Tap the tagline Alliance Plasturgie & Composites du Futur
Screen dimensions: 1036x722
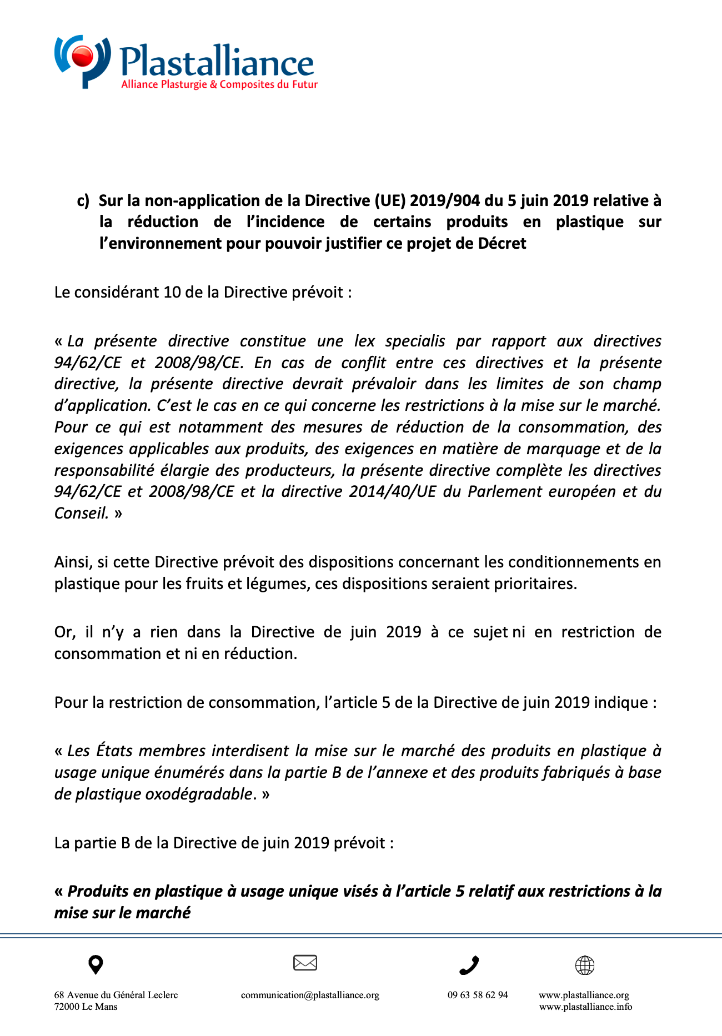219,84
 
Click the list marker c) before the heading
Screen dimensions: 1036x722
83,200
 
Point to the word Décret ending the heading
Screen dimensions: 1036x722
503,243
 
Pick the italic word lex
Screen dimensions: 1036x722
364,341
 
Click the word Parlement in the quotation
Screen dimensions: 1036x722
503,491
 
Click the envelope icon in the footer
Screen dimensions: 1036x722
305,963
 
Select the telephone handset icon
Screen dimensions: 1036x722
469,965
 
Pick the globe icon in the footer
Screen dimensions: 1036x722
584,965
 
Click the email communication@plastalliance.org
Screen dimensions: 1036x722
310,995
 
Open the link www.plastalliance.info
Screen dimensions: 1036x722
585,1007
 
